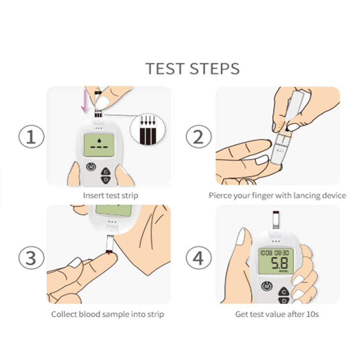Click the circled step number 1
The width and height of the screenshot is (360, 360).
pyautogui.click(x=32, y=137)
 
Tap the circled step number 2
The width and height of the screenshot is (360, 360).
pyautogui.click(x=199, y=137)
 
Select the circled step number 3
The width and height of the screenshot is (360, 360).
pyautogui.click(x=32, y=258)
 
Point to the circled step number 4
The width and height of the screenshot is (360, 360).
pyautogui.click(x=199, y=258)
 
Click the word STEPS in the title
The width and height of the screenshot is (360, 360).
pyautogui.click(x=215, y=68)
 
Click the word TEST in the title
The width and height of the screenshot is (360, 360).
pyautogui.click(x=165, y=68)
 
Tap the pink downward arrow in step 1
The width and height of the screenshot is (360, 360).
pyautogui.click(x=85, y=101)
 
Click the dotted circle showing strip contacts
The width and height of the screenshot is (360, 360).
pyautogui.click(x=148, y=129)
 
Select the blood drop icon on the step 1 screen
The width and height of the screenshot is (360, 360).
pyautogui.click(x=99, y=140)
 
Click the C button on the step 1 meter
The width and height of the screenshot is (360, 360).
pyautogui.click(x=106, y=172)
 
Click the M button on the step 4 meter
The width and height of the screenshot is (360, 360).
pyautogui.click(x=267, y=286)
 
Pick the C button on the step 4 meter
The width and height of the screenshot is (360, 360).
pyautogui.click(x=284, y=292)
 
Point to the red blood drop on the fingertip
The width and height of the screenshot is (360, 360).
pyautogui.click(x=109, y=253)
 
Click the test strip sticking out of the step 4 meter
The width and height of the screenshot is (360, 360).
pyautogui.click(x=276, y=220)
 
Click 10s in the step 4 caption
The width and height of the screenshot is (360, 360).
pyautogui.click(x=312, y=314)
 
